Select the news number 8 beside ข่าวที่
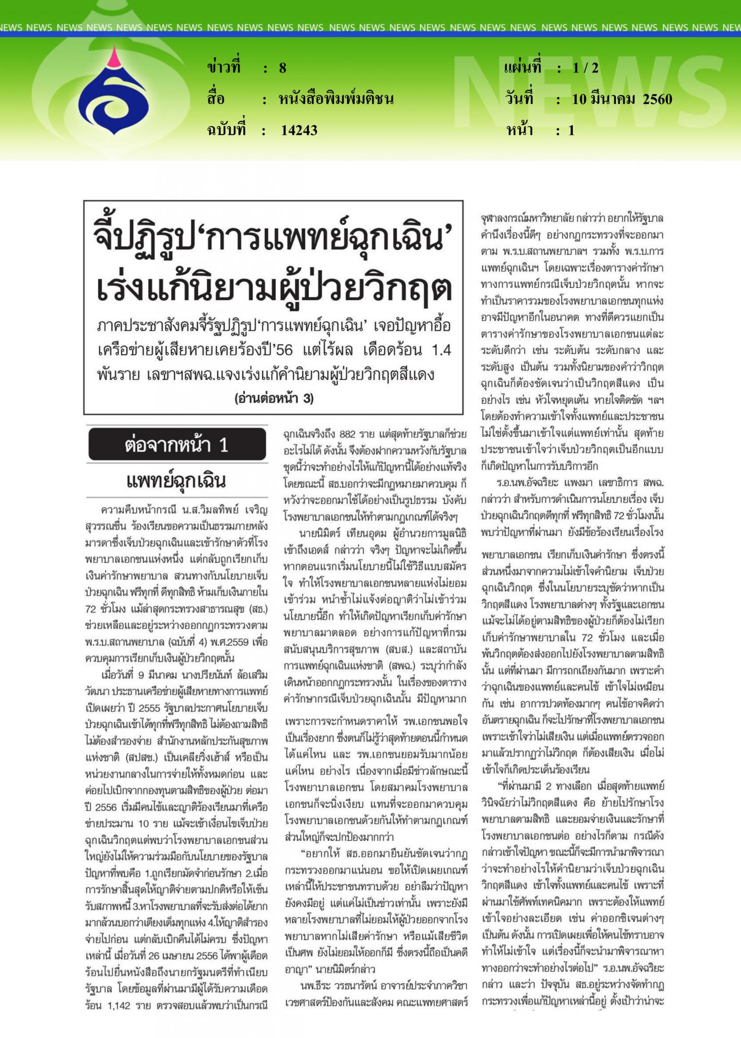[282, 68]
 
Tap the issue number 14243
[299, 130]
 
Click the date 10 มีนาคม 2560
[622, 99]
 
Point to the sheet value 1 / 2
[585, 68]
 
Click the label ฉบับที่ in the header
[226, 130]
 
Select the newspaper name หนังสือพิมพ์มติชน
[336, 99]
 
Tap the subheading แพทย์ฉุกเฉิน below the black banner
[176, 481]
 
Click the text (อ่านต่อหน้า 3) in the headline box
[274, 399]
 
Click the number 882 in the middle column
[347, 434]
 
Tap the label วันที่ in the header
[520, 99]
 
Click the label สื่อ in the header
[215, 99]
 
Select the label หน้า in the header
[520, 130]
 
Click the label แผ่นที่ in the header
[523, 68]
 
